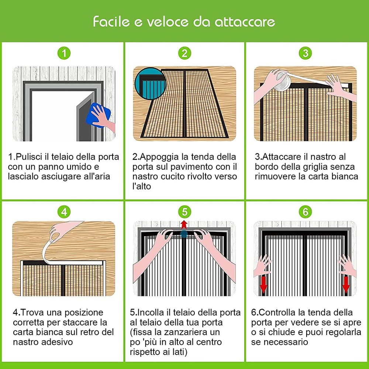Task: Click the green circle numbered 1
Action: [64, 54]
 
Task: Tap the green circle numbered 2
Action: [184, 54]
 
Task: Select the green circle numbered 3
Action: [305, 54]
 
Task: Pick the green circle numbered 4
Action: [64, 212]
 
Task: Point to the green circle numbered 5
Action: [184, 212]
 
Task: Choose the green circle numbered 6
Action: [305, 212]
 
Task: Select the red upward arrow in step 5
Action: [184, 224]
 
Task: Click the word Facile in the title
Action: [110, 21]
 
